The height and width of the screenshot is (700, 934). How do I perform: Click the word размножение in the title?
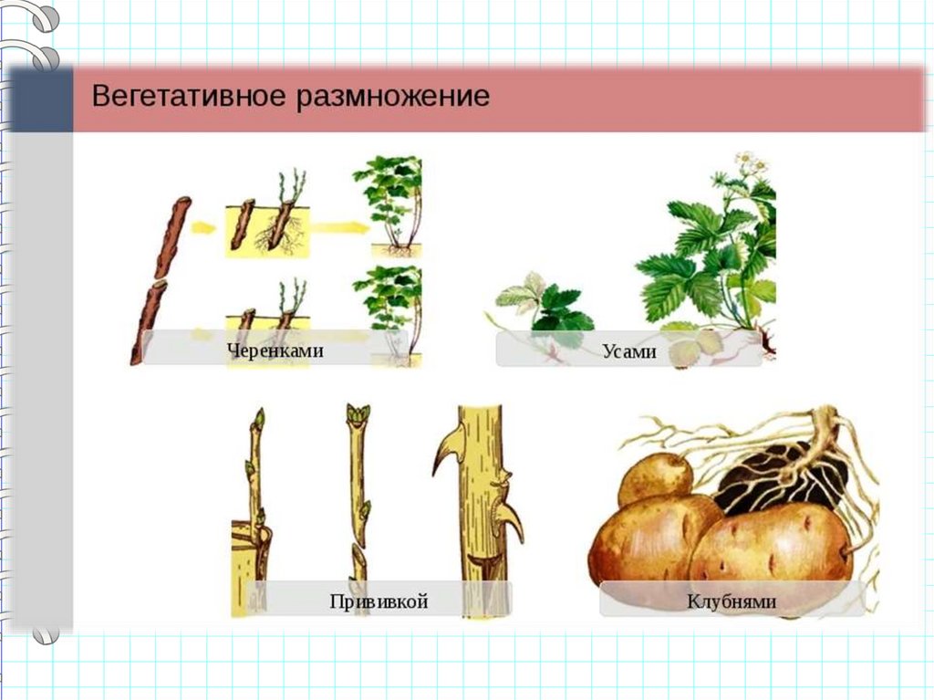click(393, 97)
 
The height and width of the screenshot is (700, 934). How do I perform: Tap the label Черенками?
click(275, 350)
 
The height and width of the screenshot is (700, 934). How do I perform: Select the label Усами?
click(629, 351)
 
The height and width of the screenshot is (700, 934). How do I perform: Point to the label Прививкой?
click(379, 601)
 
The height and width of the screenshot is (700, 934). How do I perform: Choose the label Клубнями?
click(732, 601)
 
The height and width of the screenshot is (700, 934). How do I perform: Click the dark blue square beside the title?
click(40, 99)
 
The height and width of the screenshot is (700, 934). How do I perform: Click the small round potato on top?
click(655, 479)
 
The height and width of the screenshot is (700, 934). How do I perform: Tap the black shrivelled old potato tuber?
click(782, 477)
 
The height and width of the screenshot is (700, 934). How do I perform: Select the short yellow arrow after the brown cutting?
click(203, 227)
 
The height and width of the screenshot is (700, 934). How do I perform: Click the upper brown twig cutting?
click(172, 237)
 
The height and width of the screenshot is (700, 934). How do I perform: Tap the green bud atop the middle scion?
click(358, 413)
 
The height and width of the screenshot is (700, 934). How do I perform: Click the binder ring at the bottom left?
click(46, 635)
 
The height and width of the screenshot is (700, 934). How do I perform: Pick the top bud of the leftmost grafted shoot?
click(259, 418)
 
